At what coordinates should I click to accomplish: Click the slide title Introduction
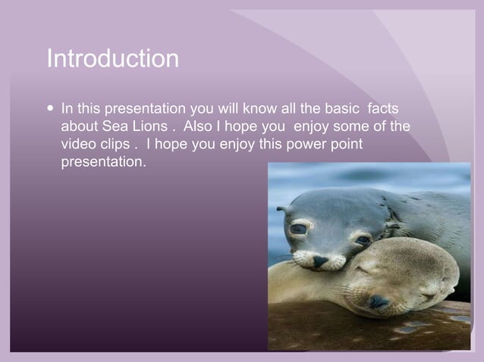point(112,59)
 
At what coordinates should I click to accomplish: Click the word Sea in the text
point(116,126)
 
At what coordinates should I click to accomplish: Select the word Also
point(198,126)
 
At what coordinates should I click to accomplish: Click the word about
point(79,126)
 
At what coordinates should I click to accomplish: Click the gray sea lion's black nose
point(322,261)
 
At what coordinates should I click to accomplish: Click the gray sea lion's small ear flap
point(283,208)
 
